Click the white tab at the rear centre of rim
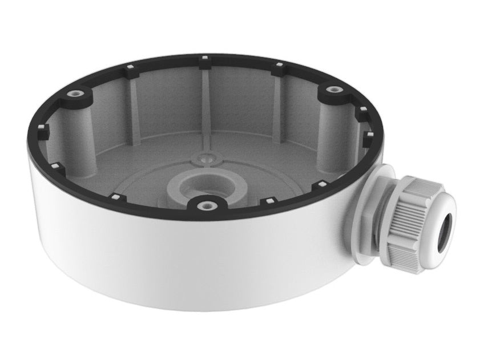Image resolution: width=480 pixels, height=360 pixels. point(204,58)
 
